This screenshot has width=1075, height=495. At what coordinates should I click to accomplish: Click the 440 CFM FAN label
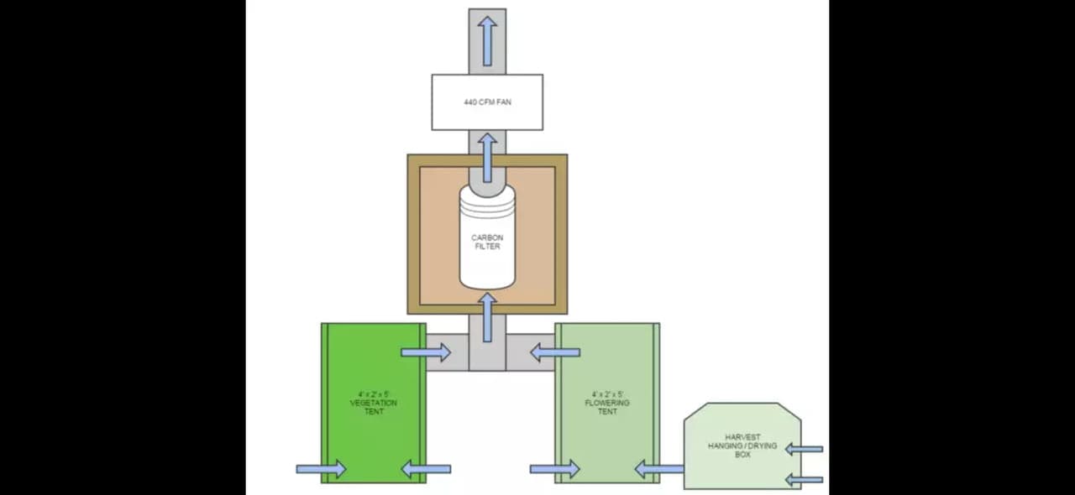pos(487,102)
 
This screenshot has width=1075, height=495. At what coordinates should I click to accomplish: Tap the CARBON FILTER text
pos(487,242)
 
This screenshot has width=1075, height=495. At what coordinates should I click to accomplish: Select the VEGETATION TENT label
pos(374,403)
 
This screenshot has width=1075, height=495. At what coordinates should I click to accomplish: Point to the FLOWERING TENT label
pos(607,403)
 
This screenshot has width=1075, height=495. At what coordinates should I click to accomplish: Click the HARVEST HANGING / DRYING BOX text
pos(742,445)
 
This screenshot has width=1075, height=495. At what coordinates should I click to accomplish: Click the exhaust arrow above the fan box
pos(487,40)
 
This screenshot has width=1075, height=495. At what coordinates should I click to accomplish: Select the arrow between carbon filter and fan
pos(487,156)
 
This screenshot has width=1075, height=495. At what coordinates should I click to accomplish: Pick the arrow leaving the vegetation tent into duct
pos(426,352)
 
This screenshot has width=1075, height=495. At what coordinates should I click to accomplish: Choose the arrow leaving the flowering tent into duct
pos(554,352)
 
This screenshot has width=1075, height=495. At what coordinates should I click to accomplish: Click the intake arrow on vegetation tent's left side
pos(321,468)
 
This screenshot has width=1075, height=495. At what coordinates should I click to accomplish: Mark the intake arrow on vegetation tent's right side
pos(426,468)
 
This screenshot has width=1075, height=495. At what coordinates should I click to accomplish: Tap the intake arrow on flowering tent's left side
pos(554,468)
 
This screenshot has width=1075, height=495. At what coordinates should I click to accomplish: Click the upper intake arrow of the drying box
pos(804,450)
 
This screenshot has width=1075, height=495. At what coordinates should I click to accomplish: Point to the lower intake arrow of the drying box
pos(804,480)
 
